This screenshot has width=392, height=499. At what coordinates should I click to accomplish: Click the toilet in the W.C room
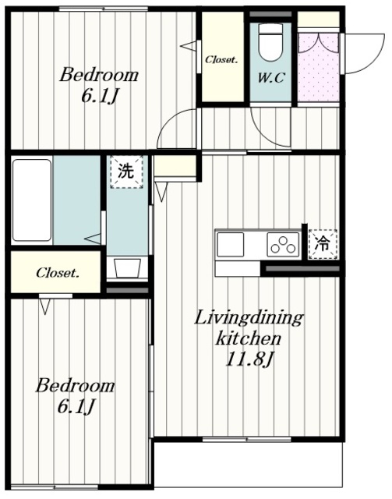[x=270, y=42]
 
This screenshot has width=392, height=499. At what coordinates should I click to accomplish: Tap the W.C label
[x=270, y=78]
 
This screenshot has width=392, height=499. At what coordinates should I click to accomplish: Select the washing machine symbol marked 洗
[x=126, y=172]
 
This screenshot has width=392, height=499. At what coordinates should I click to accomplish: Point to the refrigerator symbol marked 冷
[x=323, y=244]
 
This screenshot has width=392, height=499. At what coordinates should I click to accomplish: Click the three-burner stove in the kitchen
[x=283, y=244]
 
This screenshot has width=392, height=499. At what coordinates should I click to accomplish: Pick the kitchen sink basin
[x=231, y=244]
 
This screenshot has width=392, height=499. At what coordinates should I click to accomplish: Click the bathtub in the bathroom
[x=32, y=200]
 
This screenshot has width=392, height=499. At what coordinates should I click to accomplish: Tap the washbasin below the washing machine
[x=127, y=268]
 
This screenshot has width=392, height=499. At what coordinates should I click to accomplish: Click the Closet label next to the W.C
[x=221, y=59]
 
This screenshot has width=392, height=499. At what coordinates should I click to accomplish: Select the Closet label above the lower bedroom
[x=57, y=273]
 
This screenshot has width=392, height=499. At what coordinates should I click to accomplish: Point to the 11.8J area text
[x=249, y=359]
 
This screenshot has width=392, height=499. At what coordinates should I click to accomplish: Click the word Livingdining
[x=249, y=319]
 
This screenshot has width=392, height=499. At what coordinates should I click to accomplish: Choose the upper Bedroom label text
[x=99, y=75]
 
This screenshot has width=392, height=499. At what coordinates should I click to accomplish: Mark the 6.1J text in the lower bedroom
[x=76, y=406]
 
